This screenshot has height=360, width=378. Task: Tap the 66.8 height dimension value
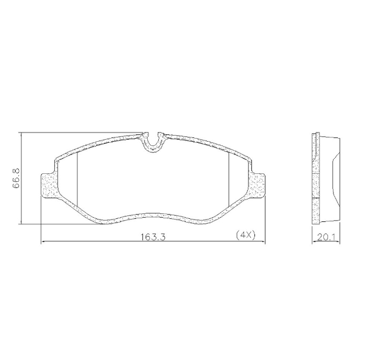point(17,179)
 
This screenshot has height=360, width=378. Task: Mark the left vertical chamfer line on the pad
point(79,179)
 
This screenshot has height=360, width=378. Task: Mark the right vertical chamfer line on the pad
point(227,179)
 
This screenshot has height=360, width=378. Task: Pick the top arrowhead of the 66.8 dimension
point(21,135)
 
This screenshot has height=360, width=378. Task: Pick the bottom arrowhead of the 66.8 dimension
point(21,222)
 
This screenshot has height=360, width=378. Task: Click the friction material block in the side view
point(329,179)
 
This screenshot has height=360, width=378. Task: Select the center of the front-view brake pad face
point(153,182)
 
